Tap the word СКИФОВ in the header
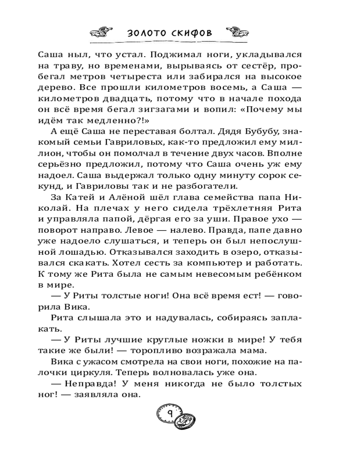coord(191,33)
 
